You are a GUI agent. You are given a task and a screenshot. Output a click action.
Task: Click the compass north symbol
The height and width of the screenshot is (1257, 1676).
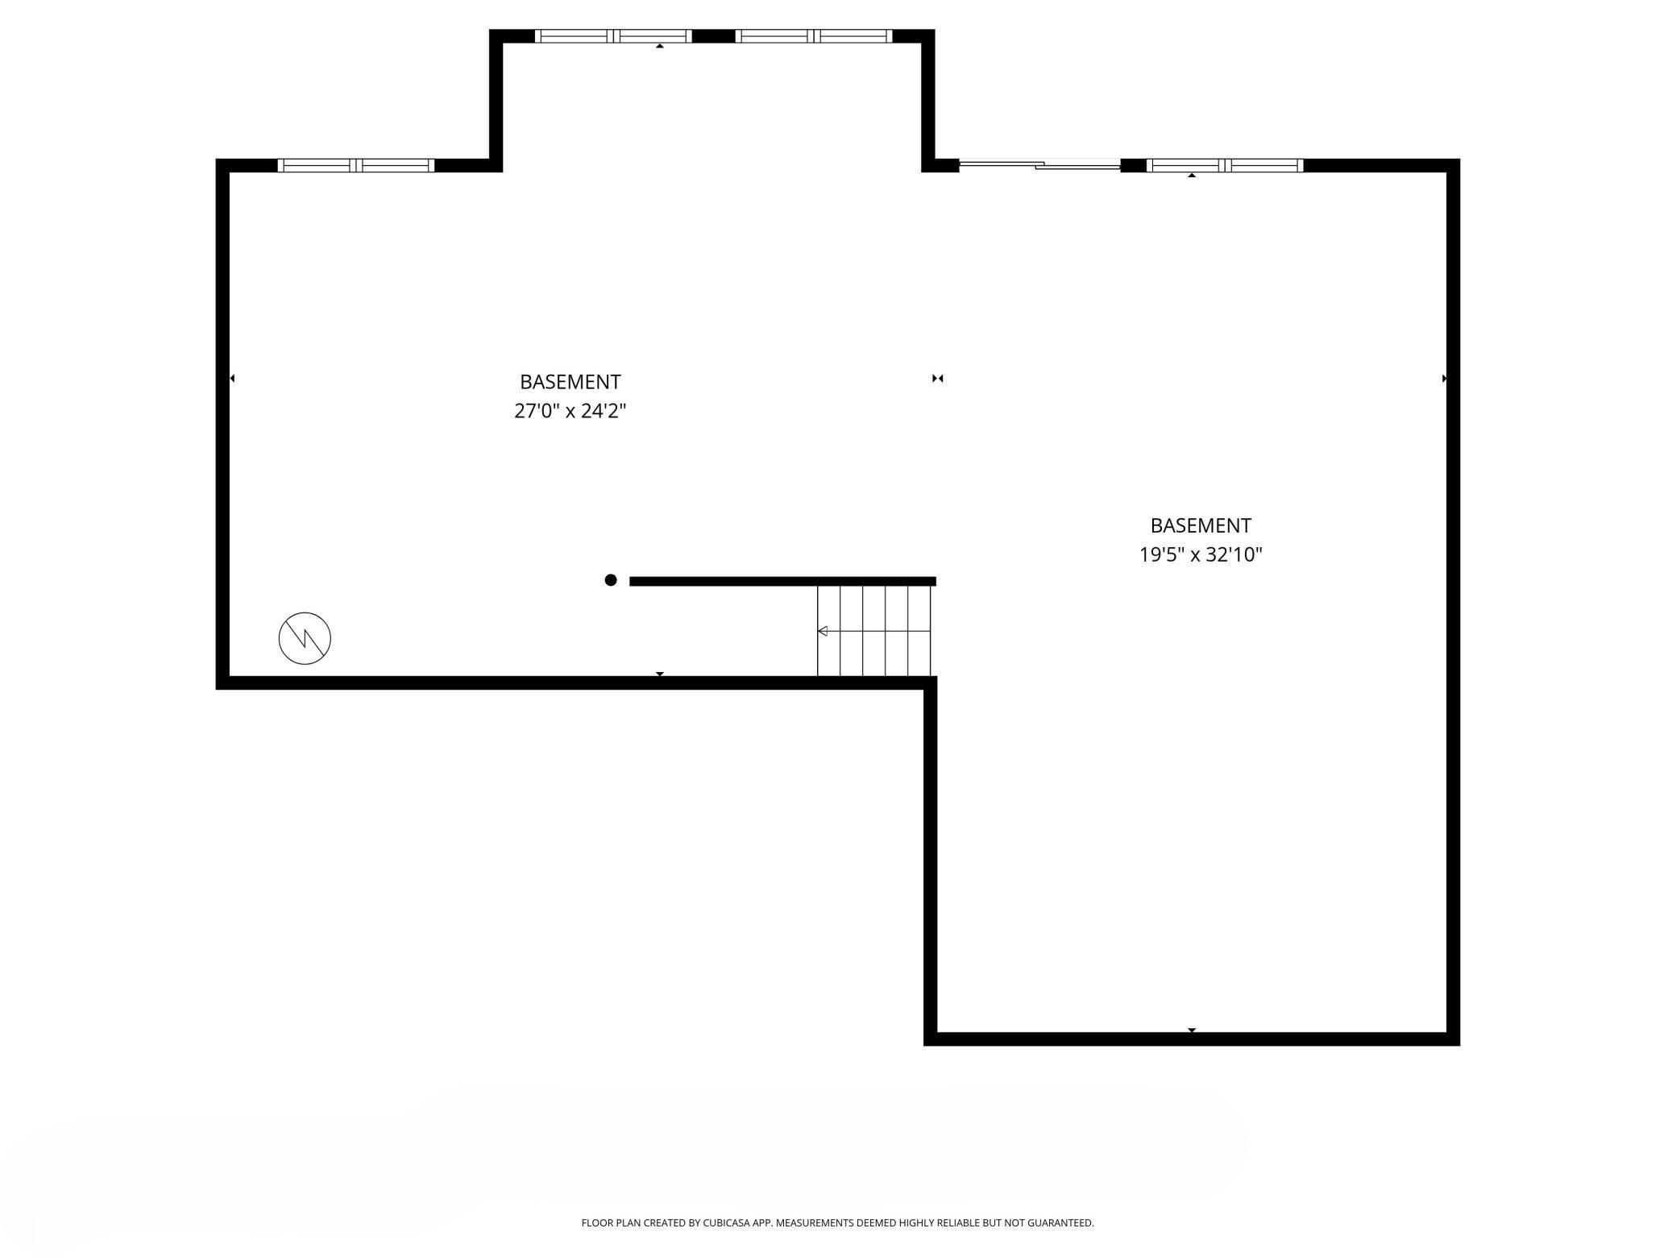click(x=305, y=638)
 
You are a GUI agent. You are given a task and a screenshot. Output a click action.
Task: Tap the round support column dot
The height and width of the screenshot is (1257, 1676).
click(x=611, y=580)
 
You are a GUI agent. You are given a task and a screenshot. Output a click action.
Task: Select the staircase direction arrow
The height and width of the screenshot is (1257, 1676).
click(x=823, y=631)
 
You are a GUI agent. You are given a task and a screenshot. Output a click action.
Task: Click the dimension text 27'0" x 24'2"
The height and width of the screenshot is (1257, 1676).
click(x=570, y=411)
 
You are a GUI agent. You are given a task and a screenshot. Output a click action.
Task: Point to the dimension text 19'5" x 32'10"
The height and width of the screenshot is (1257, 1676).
click(x=1201, y=554)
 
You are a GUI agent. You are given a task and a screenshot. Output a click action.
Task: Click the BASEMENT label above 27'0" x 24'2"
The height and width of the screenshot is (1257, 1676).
click(x=570, y=382)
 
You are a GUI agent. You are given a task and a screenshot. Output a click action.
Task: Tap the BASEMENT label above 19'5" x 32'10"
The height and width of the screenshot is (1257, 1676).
click(x=1201, y=525)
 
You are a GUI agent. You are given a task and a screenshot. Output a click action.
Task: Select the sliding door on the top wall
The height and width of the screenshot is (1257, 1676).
click(x=1039, y=165)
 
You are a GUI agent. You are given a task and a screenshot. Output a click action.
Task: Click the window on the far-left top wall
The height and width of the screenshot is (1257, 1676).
click(x=356, y=165)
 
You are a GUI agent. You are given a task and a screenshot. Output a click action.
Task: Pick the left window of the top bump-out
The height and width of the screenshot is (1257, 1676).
click(x=613, y=35)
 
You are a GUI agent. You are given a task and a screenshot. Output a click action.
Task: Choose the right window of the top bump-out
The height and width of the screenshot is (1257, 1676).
click(x=814, y=35)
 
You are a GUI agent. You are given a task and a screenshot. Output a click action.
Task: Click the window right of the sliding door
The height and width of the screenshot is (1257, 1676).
click(x=1225, y=165)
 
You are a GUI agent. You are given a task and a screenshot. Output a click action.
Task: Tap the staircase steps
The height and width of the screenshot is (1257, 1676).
click(x=874, y=631)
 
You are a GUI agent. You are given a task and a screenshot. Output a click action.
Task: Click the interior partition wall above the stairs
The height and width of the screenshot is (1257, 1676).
click(x=782, y=581)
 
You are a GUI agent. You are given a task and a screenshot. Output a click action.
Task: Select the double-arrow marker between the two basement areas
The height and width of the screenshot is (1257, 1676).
click(x=937, y=378)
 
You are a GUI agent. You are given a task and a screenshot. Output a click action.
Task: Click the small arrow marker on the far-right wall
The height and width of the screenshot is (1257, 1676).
click(x=1444, y=378)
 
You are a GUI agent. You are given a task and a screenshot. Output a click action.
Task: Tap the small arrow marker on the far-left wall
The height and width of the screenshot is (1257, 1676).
click(x=232, y=378)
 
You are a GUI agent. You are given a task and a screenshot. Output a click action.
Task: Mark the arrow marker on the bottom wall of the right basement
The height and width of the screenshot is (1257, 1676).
click(x=1192, y=1030)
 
